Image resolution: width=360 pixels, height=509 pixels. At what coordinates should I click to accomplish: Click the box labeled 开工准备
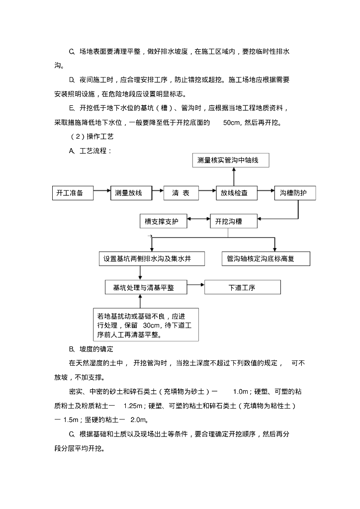(x=73, y=193)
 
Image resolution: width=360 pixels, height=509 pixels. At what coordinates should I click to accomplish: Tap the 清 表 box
(x=181, y=193)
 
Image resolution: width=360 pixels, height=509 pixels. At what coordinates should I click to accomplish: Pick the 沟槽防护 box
(x=294, y=193)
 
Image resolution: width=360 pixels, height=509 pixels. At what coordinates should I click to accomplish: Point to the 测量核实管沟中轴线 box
(x=232, y=161)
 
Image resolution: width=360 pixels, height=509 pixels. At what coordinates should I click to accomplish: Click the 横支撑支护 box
(x=164, y=221)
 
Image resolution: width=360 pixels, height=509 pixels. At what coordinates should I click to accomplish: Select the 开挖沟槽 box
(x=233, y=221)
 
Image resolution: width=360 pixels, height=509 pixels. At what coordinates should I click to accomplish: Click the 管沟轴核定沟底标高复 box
(x=266, y=258)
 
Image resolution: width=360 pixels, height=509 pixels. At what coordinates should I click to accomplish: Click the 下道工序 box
(x=242, y=287)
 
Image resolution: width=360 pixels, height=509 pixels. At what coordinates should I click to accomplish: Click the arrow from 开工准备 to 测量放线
(x=102, y=190)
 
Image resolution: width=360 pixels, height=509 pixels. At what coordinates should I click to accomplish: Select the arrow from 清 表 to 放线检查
(x=207, y=190)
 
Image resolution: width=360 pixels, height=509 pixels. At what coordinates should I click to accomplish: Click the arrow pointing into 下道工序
(x=196, y=285)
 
